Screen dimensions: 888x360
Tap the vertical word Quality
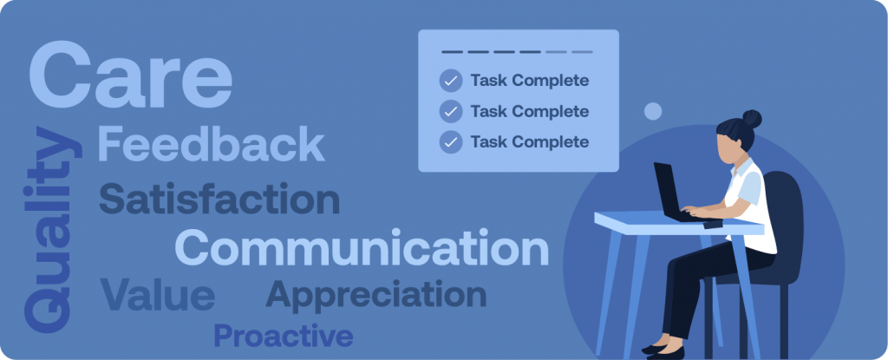(x=52, y=230)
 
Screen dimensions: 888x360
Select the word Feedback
(x=212, y=144)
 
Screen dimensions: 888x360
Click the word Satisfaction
(x=219, y=199)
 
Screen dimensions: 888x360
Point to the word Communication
(x=362, y=247)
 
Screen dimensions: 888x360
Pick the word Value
(x=158, y=295)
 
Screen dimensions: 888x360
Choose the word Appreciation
(x=376, y=295)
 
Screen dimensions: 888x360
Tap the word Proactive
(x=284, y=335)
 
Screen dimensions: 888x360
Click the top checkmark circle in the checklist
(x=451, y=81)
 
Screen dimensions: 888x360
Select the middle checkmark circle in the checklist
(x=451, y=111)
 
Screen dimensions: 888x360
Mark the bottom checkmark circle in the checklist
(x=451, y=141)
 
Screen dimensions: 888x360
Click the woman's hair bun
(x=752, y=119)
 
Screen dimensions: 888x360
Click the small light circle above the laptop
(x=653, y=111)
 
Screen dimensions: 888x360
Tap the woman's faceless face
(x=728, y=148)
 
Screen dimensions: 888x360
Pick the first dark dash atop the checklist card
(x=452, y=52)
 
